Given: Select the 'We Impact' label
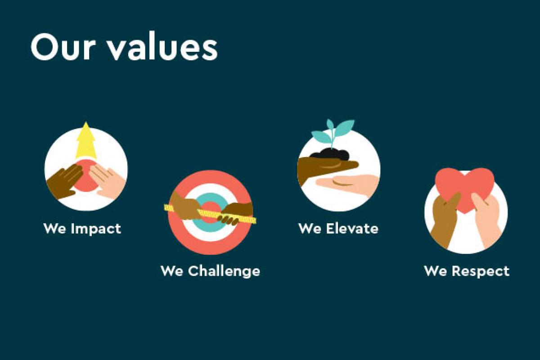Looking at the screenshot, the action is tap(82, 228).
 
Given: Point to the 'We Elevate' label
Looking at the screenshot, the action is tap(338, 228).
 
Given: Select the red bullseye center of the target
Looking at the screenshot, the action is tap(210, 213).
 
